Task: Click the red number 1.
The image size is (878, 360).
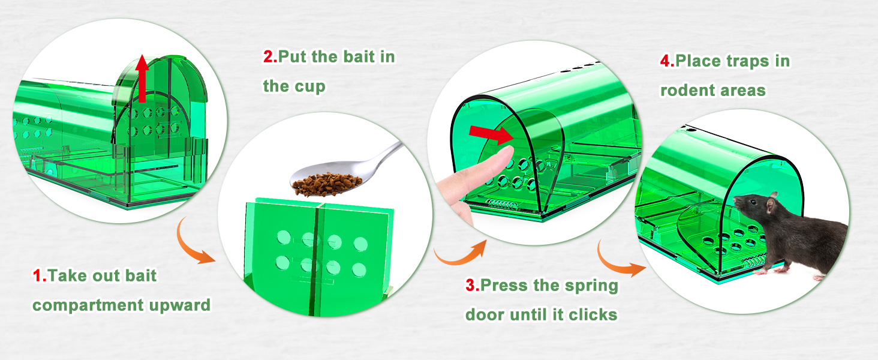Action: click(39, 275)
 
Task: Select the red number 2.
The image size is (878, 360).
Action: click(270, 56)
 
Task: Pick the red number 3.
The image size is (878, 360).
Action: click(472, 285)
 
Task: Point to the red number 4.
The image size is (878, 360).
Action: click(667, 61)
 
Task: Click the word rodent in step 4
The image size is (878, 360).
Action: click(685, 90)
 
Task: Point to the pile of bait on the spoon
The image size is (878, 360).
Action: click(326, 184)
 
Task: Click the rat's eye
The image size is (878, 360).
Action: click(753, 202)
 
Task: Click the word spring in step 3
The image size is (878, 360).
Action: click(595, 286)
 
